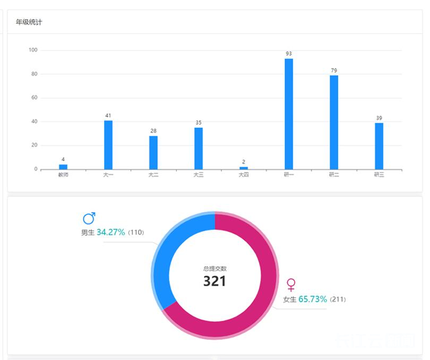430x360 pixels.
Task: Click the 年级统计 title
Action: [x=29, y=22]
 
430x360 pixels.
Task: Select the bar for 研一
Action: [x=289, y=114]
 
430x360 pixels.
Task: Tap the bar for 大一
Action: [x=108, y=144]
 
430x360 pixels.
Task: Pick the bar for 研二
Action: [x=334, y=122]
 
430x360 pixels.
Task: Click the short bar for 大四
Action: [x=244, y=168]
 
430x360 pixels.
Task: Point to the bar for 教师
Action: [x=63, y=167]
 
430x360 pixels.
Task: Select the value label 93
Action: [x=289, y=54]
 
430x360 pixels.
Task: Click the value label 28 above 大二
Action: [x=153, y=131]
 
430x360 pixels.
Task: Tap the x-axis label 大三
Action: [x=199, y=175]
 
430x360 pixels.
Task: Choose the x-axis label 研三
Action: [x=379, y=175]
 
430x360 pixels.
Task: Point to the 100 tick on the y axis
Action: [x=33, y=50]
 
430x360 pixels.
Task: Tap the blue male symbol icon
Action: [x=89, y=218]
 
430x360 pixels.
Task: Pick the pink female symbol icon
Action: [x=291, y=285]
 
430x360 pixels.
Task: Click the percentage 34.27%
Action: [x=111, y=232]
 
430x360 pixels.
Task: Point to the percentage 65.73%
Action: [x=313, y=299]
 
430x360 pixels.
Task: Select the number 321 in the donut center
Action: [x=214, y=281]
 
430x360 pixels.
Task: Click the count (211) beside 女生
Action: [x=338, y=299]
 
